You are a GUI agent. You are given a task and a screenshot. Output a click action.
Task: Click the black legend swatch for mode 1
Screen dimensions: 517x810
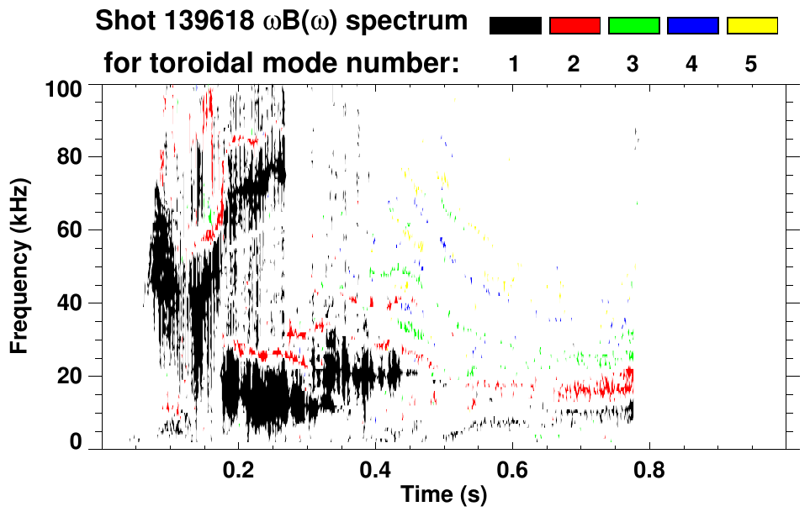pyautogui.click(x=515, y=26)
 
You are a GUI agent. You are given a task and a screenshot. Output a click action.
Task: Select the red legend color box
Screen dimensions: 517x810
pyautogui.click(x=574, y=26)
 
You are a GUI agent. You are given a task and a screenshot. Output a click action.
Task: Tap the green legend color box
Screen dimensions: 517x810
pyautogui.click(x=633, y=26)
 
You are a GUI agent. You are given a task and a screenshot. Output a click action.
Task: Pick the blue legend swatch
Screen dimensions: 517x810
pyautogui.click(x=692, y=26)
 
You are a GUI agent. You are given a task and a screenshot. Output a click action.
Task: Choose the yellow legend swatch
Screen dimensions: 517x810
pyautogui.click(x=752, y=26)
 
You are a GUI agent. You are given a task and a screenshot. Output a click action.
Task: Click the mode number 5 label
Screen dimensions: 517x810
pyautogui.click(x=751, y=64)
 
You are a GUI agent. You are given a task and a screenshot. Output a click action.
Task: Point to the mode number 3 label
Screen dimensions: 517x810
pyautogui.click(x=633, y=64)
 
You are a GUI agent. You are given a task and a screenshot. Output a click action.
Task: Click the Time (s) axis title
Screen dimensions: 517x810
pyautogui.click(x=443, y=494)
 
